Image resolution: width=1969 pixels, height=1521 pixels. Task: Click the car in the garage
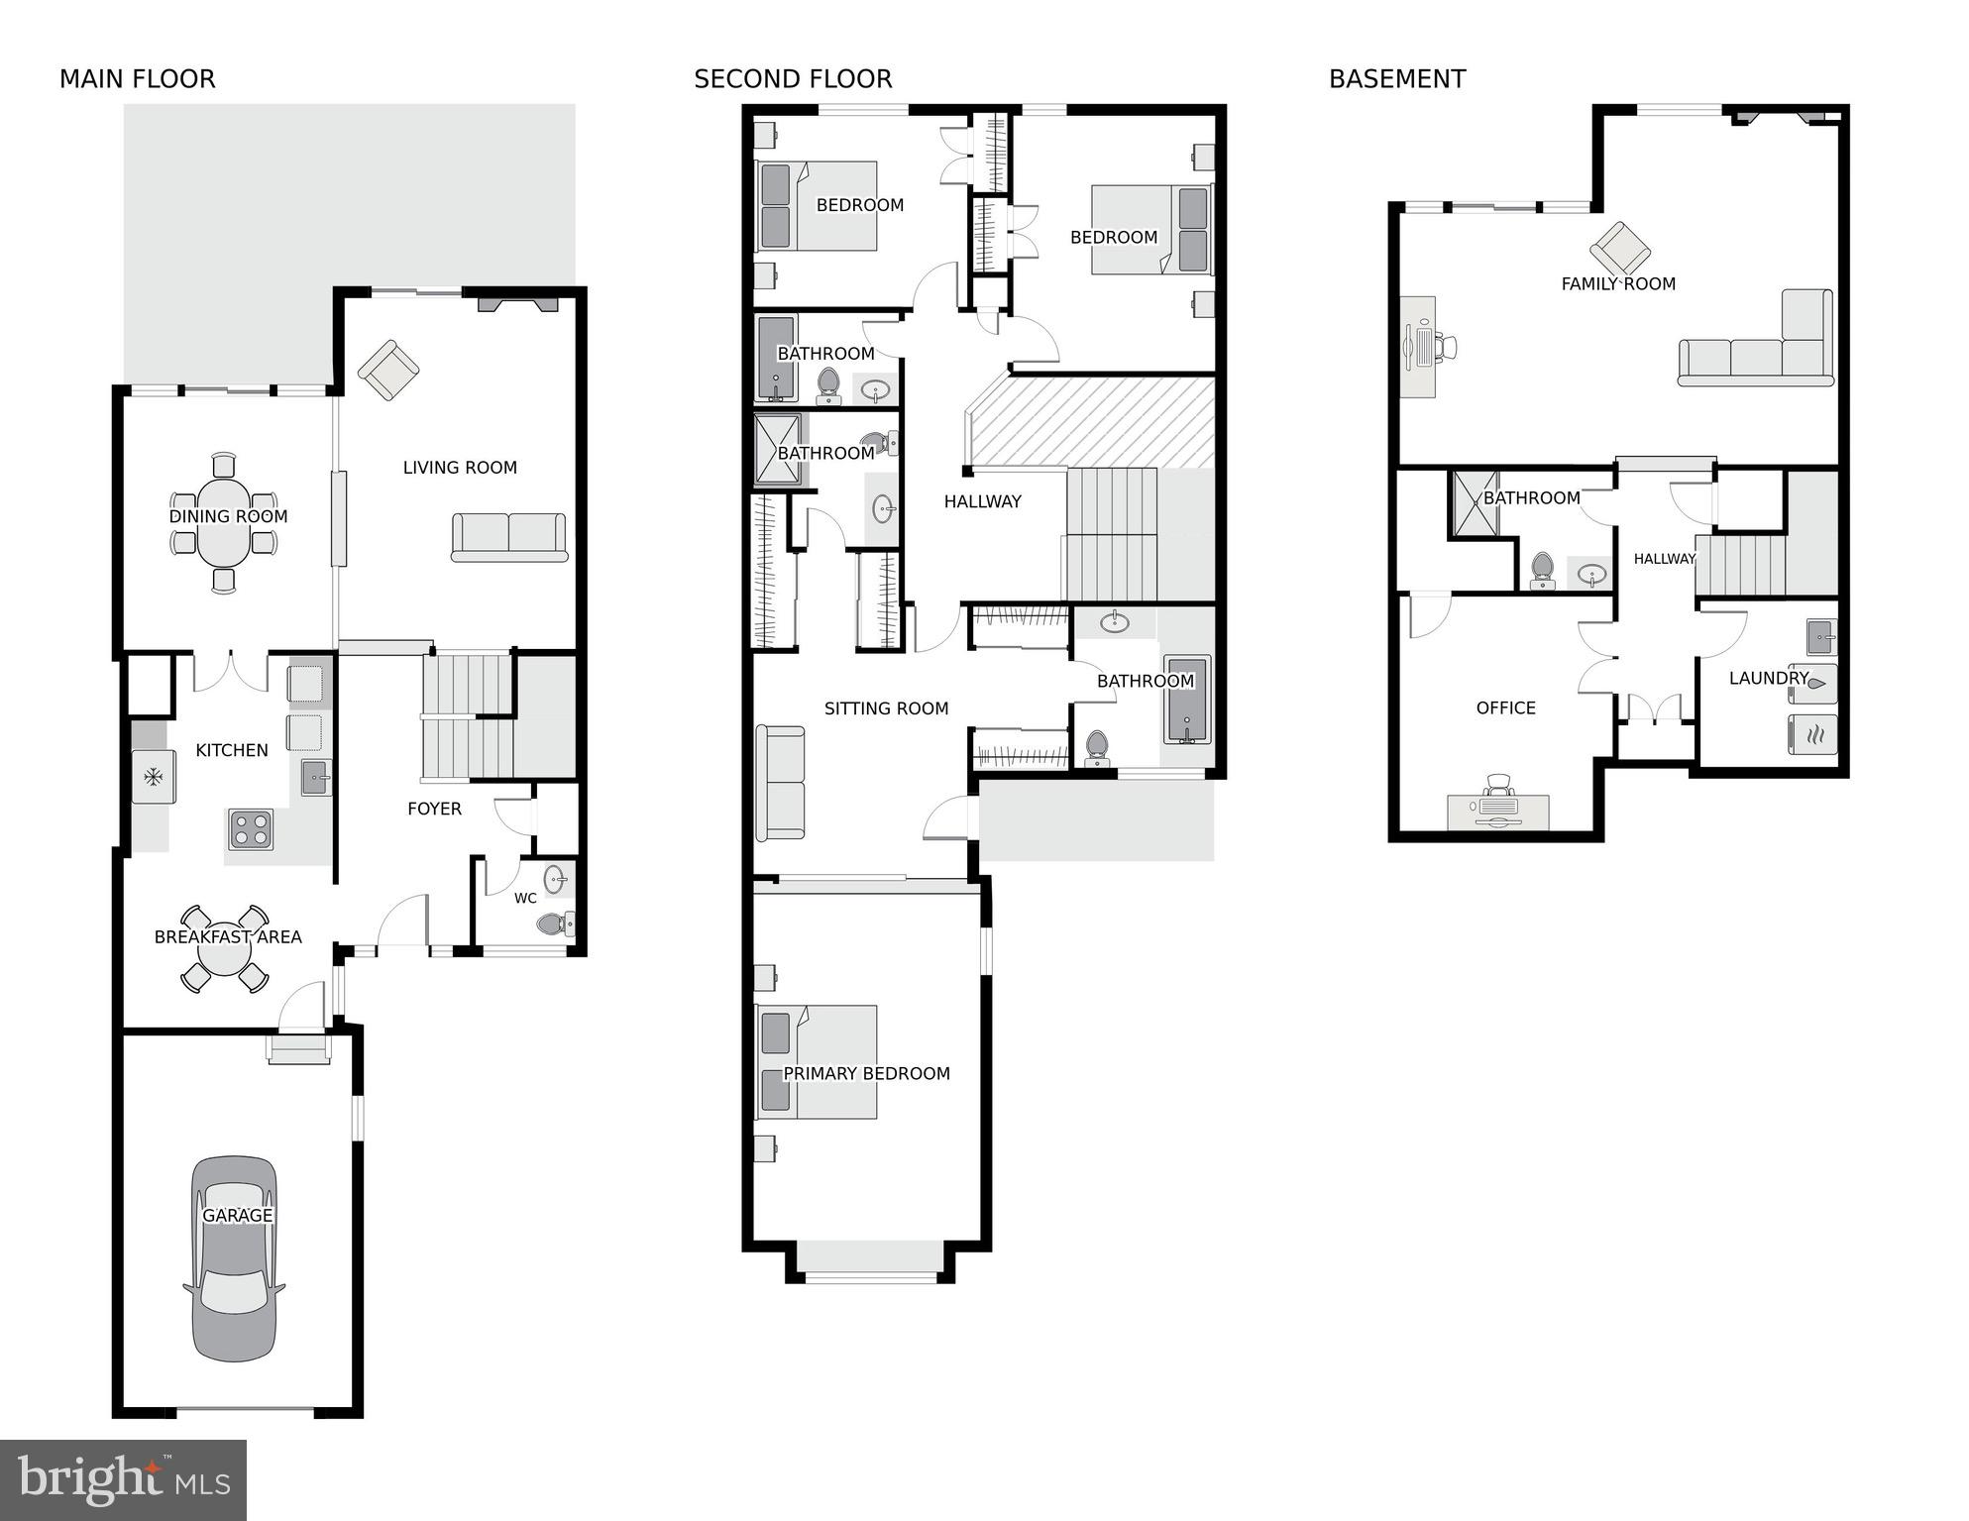pos(234,1258)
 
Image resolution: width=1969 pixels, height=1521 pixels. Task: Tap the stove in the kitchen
pos(251,828)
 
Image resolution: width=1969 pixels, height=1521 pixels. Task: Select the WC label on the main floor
pos(525,899)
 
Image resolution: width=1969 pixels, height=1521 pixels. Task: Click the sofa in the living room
pos(509,538)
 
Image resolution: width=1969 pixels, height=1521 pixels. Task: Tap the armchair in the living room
pos(388,370)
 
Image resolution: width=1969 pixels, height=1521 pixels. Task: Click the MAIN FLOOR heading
pos(137,79)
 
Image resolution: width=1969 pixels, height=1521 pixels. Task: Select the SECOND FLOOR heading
pos(793,79)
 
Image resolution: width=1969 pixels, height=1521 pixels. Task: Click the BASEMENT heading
pos(1397,79)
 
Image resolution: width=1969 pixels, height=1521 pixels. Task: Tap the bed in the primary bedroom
pos(819,1061)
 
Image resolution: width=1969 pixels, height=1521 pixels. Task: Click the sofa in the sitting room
pos(780,782)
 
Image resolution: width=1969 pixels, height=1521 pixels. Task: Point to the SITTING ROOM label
pos(886,708)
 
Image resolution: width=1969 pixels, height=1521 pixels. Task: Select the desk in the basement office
pos(1498,811)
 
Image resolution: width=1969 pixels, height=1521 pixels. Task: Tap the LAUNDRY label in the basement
pos(1769,679)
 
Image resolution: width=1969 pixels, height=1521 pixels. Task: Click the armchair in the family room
pos(1620,248)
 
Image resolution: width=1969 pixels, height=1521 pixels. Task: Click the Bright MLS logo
pos(123,1480)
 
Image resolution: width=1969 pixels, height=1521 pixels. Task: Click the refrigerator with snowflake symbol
pos(154,777)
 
